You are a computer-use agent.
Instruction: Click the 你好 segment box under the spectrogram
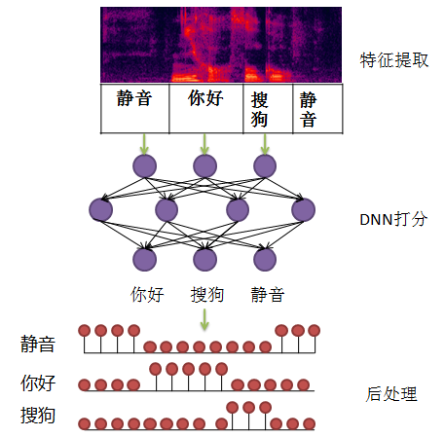(x=204, y=108)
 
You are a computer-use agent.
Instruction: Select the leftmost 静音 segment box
(x=134, y=108)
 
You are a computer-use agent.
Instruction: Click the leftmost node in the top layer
(x=144, y=165)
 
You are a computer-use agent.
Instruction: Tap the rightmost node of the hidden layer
(x=303, y=209)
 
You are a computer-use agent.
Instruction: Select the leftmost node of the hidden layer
(x=100, y=209)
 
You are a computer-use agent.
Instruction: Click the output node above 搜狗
(x=204, y=259)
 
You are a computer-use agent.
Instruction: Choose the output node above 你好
(x=144, y=259)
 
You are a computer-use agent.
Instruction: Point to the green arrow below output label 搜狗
(x=204, y=317)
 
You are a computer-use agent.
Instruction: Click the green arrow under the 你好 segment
(x=204, y=142)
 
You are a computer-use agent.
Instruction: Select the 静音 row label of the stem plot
(x=38, y=344)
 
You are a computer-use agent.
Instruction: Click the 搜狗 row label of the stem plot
(x=38, y=417)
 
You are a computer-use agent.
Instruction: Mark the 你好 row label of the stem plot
(x=38, y=382)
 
